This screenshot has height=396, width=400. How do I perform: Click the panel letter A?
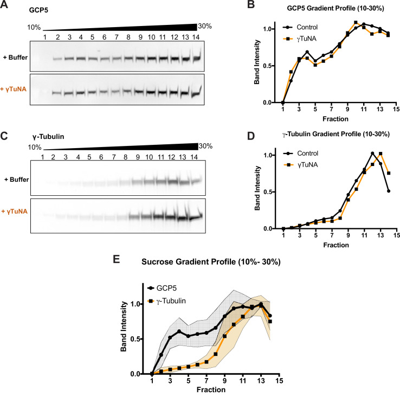tap(5, 6)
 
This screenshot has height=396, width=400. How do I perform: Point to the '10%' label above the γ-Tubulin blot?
tap(35, 147)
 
